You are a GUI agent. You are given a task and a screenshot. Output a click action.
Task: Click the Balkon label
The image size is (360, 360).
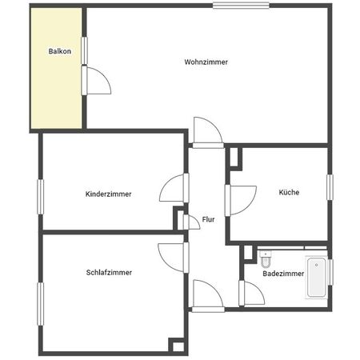coord(59,52)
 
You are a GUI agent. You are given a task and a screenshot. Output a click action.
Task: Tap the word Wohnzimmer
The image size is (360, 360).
coord(206,62)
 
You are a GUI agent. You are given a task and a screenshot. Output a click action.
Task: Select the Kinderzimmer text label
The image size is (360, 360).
coord(109,194)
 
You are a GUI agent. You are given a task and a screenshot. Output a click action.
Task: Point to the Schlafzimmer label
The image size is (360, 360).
coord(109,272)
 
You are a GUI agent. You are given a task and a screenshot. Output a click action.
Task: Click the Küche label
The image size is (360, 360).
coord(289,192)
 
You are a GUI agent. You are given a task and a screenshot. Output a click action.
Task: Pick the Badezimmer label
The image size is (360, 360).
coord(283,274)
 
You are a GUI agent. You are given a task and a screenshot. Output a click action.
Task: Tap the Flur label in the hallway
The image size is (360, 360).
coord(208,218)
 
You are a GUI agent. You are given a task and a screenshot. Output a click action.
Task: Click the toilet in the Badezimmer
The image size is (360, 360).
coord(266,259)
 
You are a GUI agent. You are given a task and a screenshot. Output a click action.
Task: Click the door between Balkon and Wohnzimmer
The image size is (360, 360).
coord(94,81)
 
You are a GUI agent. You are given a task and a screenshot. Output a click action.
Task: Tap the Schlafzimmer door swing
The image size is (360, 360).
coord(172,254)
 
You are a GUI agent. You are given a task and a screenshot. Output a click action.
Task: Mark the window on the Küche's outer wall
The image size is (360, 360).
coord(329,186)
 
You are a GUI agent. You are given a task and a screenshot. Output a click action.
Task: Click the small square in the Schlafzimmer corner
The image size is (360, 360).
coord(176,345)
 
